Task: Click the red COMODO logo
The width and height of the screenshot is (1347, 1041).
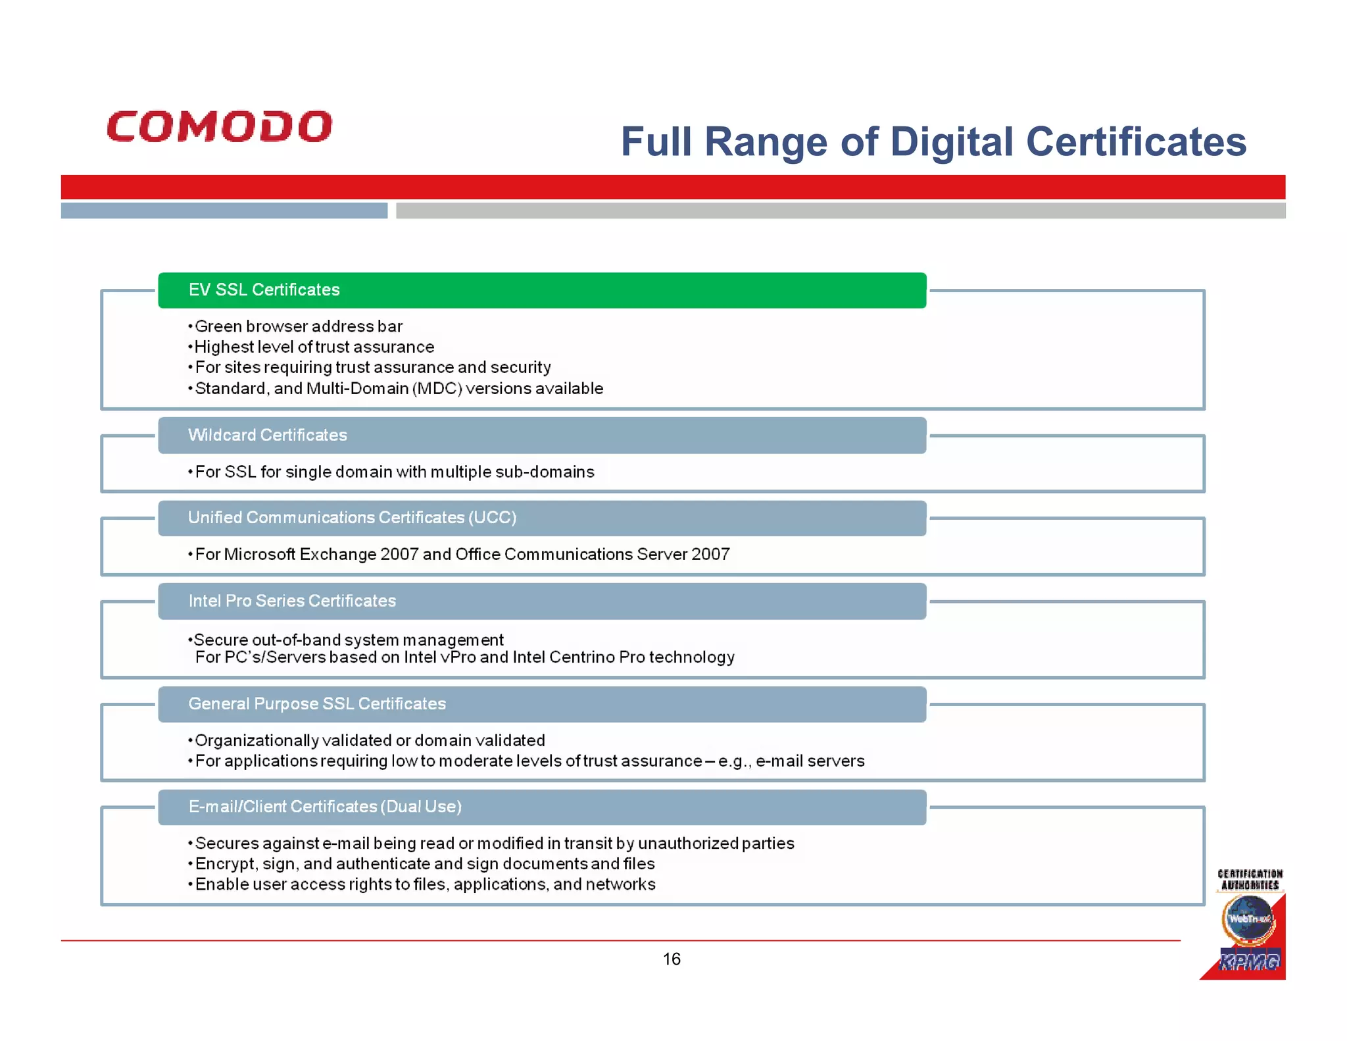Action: [x=219, y=126]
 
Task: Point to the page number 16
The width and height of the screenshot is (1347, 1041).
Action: [x=672, y=959]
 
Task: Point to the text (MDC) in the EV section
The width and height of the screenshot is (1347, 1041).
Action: [x=437, y=388]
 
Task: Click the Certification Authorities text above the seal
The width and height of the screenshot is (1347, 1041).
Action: [x=1250, y=880]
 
